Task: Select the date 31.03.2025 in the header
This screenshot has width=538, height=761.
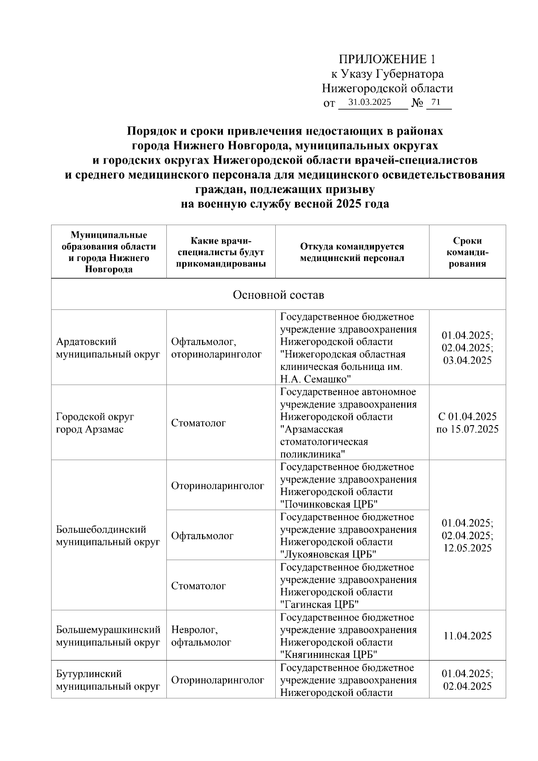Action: pos(370,102)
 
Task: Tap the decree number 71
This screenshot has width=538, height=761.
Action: pos(436,102)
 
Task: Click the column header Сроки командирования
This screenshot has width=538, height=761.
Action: pos(467,252)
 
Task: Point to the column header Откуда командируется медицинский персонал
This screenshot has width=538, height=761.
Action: pos(352,252)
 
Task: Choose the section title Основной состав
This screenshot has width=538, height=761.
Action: pos(278,295)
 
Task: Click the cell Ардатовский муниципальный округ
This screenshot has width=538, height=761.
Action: pos(108,348)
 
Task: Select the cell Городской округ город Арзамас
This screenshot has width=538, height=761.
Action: pos(95,422)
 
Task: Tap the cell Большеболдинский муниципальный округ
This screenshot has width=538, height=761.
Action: pos(108,535)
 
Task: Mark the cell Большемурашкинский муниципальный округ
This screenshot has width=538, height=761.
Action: pos(108,635)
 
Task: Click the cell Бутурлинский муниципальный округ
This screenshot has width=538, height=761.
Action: pos(108,679)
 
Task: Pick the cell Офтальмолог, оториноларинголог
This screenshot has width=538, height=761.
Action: pos(216,348)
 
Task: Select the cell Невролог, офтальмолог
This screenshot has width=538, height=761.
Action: pos(201,635)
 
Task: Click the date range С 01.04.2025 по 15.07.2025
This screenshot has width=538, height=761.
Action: pos(467,422)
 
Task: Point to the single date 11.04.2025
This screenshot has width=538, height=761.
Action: pos(467,635)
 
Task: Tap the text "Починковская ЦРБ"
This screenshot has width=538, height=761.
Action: pos(330,504)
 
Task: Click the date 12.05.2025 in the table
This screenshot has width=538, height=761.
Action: pos(467,548)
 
